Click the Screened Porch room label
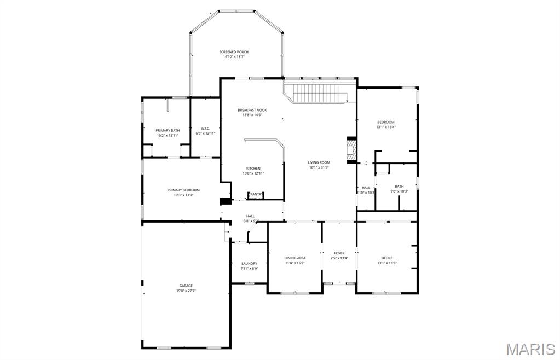point(234,52)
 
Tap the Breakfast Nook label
point(252,110)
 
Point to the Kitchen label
point(253,169)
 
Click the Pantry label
point(257,194)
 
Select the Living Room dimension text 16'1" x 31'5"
point(319,167)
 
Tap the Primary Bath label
point(168,130)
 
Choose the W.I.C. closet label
point(205,128)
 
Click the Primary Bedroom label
point(183,190)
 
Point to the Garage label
point(186,286)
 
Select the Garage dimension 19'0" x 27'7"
point(186,291)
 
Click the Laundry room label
point(249,263)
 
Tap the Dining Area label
point(295,258)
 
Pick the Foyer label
point(339,253)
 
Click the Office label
point(386,258)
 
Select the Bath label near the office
point(399,187)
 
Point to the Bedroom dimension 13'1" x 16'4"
point(385,127)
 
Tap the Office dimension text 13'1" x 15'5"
point(386,263)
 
